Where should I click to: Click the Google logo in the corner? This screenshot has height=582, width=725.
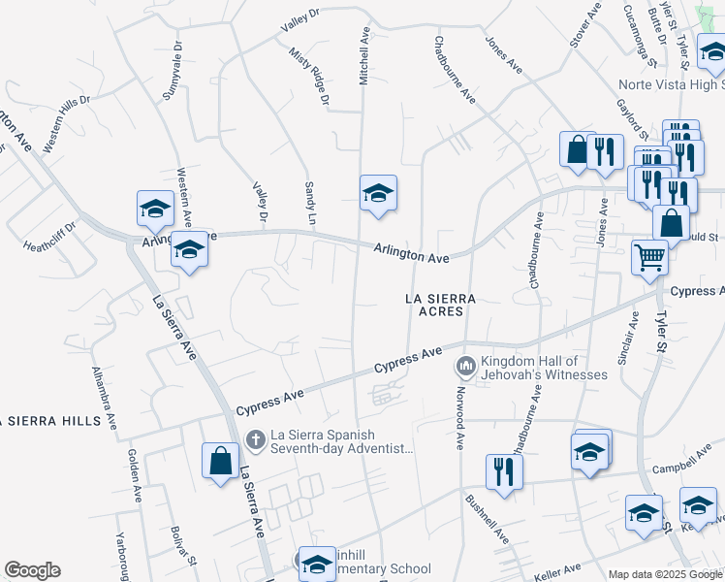tap(32, 570)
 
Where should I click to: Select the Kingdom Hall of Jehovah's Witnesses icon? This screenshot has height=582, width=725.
tap(465, 367)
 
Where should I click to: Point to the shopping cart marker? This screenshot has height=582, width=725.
tap(649, 257)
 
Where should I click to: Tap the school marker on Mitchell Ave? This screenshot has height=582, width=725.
tap(378, 192)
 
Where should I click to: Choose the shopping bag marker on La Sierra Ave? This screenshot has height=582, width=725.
tap(220, 459)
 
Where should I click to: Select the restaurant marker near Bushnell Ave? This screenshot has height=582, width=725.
tap(504, 471)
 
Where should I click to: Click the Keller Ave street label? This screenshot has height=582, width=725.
tap(558, 568)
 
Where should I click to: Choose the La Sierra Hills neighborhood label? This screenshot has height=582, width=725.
tap(50, 421)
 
